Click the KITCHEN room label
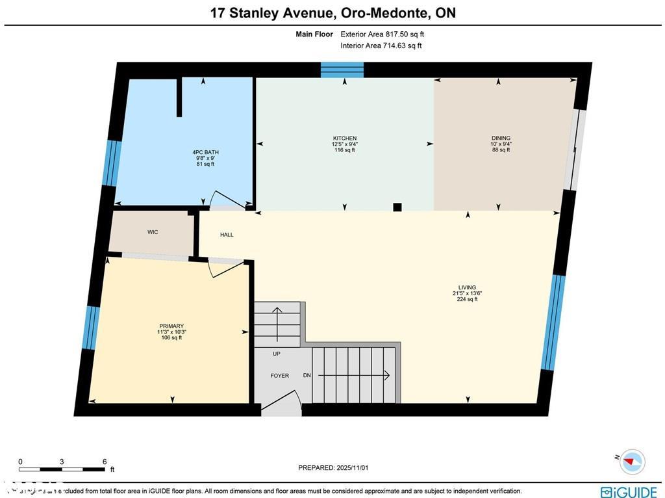coord(344,138)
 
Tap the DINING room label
coord(501,138)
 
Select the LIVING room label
coord(467,287)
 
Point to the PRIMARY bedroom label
coord(171,326)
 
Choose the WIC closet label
coord(153,232)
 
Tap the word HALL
coord(227,235)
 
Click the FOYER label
coord(279,376)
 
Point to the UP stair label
coord(276,354)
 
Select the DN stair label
coord(307,376)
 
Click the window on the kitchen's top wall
coord(342,70)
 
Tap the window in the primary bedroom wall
coord(92,328)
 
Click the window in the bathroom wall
coord(112,163)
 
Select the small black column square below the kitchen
coord(397,207)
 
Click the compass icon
coord(631,462)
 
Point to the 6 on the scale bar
coord(105,462)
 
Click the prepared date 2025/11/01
coord(336,467)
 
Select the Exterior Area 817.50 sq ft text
coord(382,34)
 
